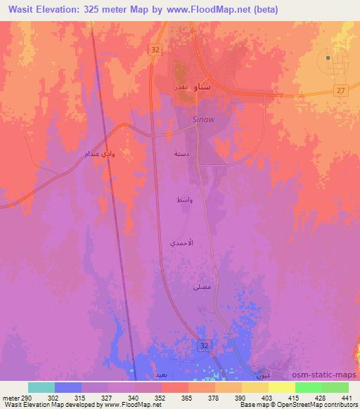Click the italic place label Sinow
point(202,119)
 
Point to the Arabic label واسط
point(184,201)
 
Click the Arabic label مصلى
point(200,287)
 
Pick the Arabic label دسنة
point(181,152)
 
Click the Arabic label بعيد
point(161,375)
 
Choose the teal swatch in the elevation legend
point(41,387)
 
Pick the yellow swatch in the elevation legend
point(282,387)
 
